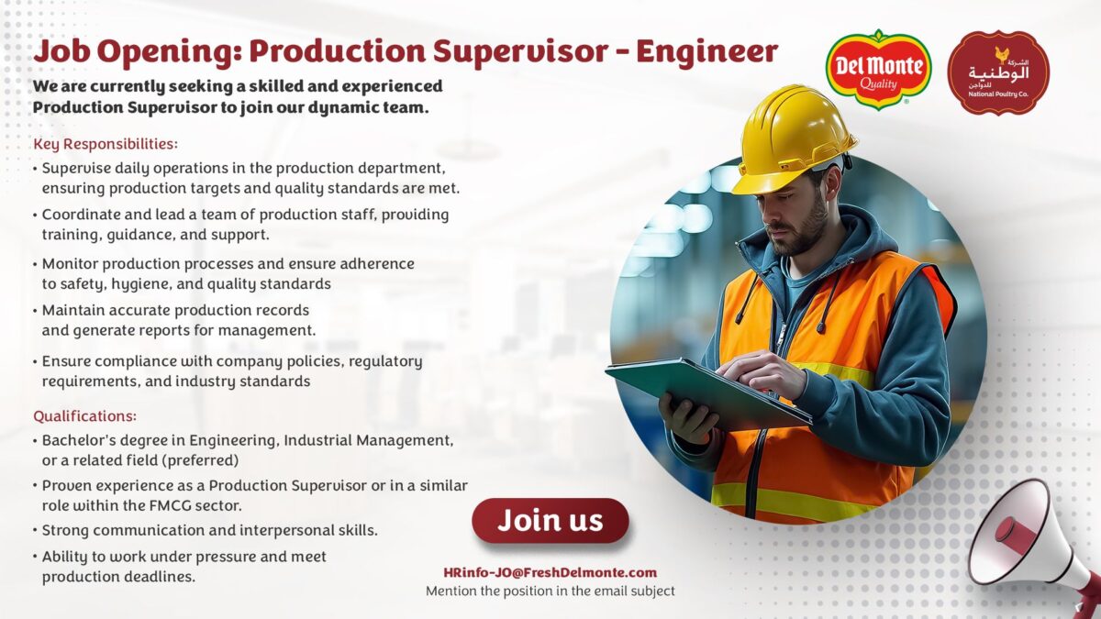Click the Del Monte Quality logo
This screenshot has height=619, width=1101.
pyautogui.click(x=878, y=70)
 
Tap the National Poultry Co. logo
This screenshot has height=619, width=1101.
pyautogui.click(x=998, y=72)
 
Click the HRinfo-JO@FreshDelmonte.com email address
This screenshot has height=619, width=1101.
pyautogui.click(x=550, y=572)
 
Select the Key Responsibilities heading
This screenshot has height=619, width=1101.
pyautogui.click(x=106, y=144)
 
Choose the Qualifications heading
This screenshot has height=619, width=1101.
pyautogui.click(x=85, y=416)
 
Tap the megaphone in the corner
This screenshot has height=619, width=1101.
pyautogui.click(x=1037, y=546)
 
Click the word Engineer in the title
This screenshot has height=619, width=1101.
pyautogui.click(x=706, y=51)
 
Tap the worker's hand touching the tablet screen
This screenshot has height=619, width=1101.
pyautogui.click(x=761, y=374)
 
